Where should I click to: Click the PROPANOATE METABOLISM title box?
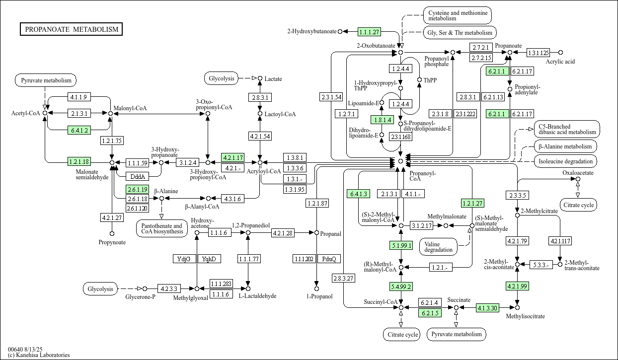72,29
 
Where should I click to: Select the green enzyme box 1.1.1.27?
369,32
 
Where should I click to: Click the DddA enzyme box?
136,176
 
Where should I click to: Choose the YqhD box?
209,259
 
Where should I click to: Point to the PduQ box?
329,259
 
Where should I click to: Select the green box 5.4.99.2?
401,286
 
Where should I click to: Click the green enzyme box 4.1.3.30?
487,308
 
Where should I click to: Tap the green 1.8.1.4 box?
382,120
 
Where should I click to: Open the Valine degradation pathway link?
439,246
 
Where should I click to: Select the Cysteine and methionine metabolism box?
457,15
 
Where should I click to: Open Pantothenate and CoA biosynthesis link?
161,229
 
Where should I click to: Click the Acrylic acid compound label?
560,62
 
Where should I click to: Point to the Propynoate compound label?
112,242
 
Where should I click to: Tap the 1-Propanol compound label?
316,296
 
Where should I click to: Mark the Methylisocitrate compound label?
525,316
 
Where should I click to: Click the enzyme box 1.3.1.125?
538,52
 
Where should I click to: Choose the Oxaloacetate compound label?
578,173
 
